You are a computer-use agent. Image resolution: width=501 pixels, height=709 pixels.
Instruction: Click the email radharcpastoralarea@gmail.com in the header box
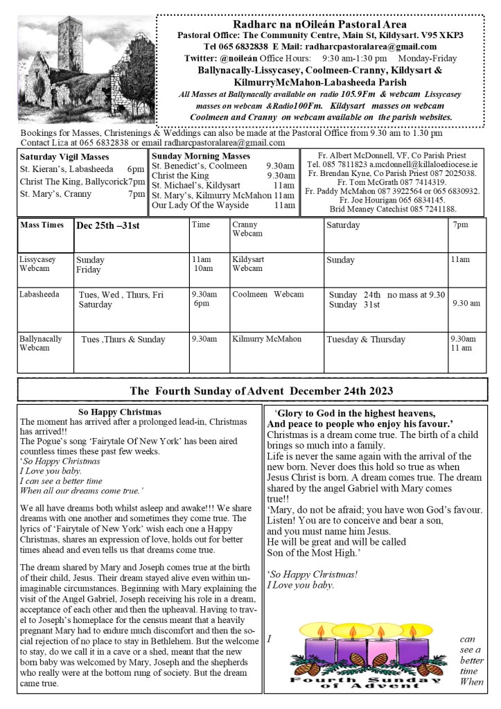(x=378, y=46)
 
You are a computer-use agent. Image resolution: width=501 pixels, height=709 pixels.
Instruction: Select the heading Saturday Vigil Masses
(x=64, y=157)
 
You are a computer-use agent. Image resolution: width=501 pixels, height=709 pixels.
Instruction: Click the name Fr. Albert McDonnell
(x=363, y=155)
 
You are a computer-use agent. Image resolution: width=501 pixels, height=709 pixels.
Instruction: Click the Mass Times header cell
(x=42, y=225)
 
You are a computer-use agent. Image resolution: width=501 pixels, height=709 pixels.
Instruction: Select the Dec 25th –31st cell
(x=107, y=226)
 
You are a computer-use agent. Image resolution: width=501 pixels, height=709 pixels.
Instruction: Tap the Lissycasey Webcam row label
(x=38, y=263)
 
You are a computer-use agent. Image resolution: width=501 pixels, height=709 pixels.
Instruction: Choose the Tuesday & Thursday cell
(x=366, y=340)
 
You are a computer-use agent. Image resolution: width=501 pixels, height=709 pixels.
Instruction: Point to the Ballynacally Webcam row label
(x=40, y=343)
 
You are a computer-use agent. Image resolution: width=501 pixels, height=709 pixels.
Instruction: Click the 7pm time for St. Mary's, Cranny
(x=137, y=194)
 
